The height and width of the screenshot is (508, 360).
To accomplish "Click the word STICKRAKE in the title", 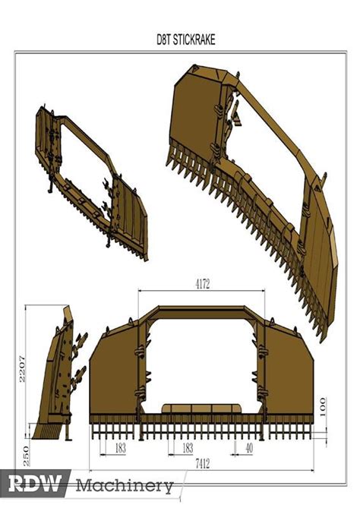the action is pyautogui.click(x=194, y=39).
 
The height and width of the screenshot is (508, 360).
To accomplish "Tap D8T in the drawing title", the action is pyautogui.click(x=163, y=39).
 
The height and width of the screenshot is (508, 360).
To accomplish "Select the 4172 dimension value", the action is pyautogui.click(x=203, y=284).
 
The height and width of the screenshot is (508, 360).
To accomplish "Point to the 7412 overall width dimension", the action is pyautogui.click(x=203, y=464).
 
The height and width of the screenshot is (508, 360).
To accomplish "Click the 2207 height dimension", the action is pyautogui.click(x=22, y=369).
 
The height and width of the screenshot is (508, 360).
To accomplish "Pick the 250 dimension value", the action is pyautogui.click(x=26, y=456).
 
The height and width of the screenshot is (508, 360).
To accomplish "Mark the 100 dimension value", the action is pyautogui.click(x=323, y=408).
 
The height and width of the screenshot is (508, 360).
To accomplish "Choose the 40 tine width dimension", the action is pyautogui.click(x=249, y=448).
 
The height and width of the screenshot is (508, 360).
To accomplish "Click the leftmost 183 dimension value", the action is pyautogui.click(x=121, y=448).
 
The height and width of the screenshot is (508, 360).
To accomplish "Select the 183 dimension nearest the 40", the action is pyautogui.click(x=188, y=448).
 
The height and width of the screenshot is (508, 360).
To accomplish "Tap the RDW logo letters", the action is pyautogui.click(x=35, y=484).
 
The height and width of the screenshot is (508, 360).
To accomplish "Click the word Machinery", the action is pyautogui.click(x=125, y=486).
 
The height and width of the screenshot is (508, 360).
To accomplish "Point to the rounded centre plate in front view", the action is pyautogui.click(x=201, y=409).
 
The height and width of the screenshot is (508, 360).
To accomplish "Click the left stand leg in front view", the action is pyautogui.click(x=141, y=431).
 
